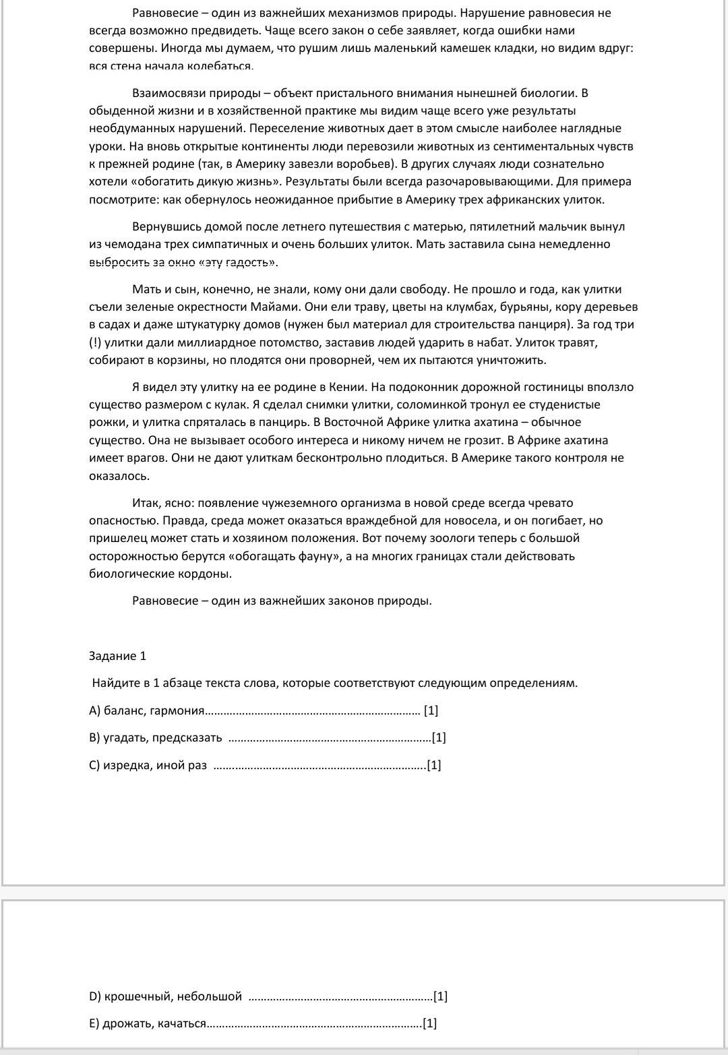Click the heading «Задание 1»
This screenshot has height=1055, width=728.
[117, 656]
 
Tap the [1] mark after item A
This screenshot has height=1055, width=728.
[431, 711]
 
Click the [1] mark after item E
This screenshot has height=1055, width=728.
[429, 1023]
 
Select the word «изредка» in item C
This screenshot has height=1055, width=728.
[127, 765]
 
